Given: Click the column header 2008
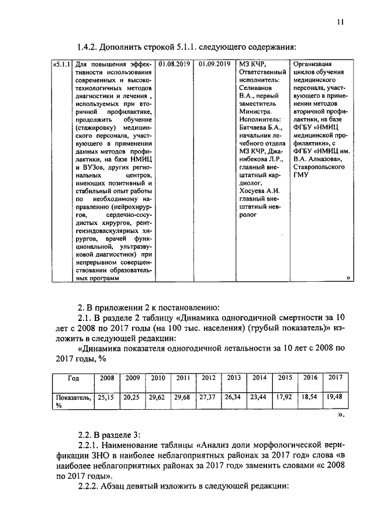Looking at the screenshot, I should tap(106, 378).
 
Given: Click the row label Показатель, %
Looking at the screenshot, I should tap(72, 400).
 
